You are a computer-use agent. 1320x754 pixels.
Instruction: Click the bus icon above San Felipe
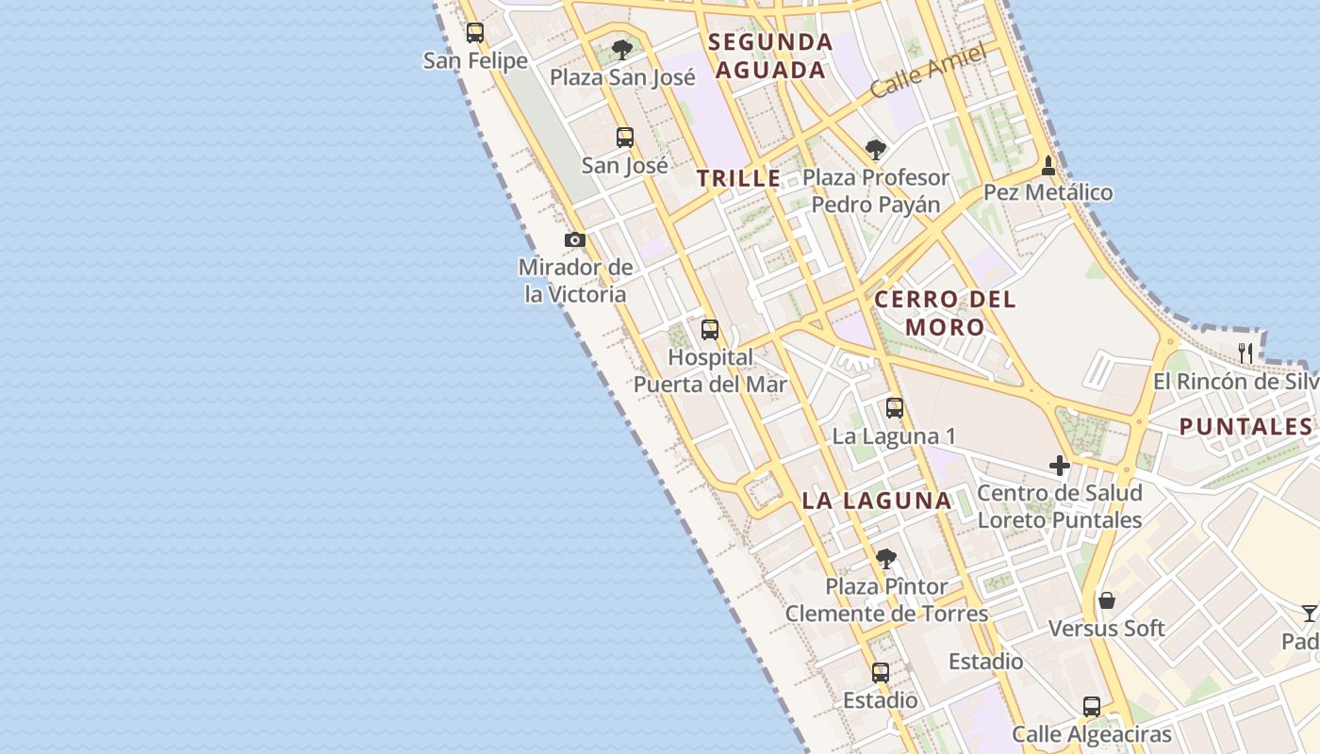[475, 33]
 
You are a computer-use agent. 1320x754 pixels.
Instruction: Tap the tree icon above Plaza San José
[621, 49]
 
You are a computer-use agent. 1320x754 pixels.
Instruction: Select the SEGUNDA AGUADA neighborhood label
[771, 56]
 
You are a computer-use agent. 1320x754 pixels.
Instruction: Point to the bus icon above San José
[624, 138]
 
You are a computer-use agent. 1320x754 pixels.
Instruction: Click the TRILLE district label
[739, 178]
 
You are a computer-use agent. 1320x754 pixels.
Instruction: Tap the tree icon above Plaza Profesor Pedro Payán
[876, 149]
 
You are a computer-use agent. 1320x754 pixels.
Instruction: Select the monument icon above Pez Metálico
[1048, 166]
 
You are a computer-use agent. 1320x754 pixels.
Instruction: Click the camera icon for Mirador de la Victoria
[575, 239]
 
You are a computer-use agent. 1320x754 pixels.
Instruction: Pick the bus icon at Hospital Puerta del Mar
[710, 330]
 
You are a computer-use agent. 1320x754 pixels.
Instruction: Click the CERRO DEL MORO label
[945, 313]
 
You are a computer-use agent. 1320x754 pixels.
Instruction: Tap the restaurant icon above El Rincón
[1246, 353]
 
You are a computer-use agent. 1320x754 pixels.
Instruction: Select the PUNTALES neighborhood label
[1246, 426]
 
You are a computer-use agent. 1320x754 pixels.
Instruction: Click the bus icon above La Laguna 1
[894, 408]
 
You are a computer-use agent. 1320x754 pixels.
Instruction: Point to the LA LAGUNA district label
[877, 500]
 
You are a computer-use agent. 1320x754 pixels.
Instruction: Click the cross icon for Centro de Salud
[1060, 466]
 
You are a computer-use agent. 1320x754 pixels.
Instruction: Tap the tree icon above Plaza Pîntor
[885, 559]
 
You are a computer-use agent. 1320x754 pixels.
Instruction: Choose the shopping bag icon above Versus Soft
[1107, 600]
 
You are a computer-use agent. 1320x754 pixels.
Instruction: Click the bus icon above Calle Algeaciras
[1092, 707]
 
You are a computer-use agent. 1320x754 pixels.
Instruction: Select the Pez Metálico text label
[1048, 192]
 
